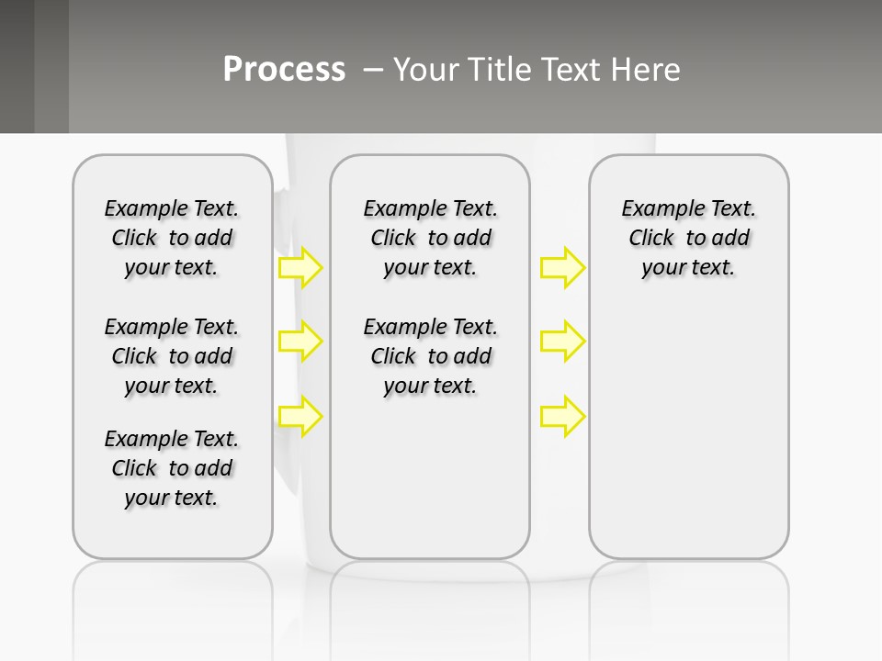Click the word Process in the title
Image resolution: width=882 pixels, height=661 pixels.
point(284,70)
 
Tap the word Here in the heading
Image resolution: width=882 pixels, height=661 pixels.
point(647,70)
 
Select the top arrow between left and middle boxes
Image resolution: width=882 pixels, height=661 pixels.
point(300,267)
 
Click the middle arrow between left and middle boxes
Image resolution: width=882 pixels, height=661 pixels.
point(300,342)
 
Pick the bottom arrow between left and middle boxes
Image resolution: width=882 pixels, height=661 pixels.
point(300,417)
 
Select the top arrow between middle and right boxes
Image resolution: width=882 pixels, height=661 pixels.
point(562,267)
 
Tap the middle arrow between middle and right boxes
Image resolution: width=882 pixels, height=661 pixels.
point(562,342)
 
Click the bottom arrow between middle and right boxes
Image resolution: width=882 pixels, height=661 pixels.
point(562,417)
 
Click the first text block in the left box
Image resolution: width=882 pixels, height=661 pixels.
point(172,238)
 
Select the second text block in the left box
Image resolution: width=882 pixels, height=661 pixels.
point(172,356)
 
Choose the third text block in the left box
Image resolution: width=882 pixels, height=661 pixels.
point(172,468)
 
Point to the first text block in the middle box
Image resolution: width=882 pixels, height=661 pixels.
point(431,238)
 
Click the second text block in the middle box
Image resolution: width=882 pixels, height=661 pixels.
point(431,356)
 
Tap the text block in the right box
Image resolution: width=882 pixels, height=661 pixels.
point(689,238)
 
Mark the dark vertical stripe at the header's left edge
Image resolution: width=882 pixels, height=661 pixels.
point(17,66)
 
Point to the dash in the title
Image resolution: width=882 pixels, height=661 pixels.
point(373,70)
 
